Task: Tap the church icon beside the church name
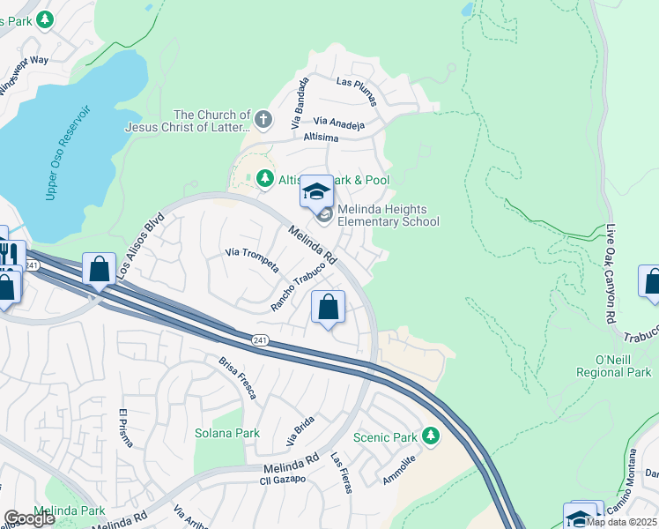(263, 118)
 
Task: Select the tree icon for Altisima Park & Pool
(264, 180)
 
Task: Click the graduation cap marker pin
(316, 191)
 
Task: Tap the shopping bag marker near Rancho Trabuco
(328, 309)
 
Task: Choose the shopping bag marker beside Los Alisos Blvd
(100, 270)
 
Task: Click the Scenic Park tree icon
(430, 436)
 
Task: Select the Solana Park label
(227, 433)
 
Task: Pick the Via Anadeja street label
(339, 124)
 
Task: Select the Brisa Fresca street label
(238, 377)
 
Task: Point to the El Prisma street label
(124, 428)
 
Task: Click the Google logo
(29, 518)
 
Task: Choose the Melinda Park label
(70, 510)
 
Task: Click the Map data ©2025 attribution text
(622, 522)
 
